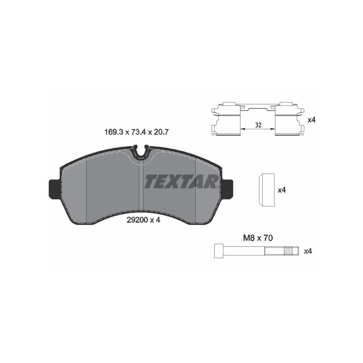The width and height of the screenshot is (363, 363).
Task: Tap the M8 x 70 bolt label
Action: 258,238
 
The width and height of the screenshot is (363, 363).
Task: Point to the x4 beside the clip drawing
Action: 311,120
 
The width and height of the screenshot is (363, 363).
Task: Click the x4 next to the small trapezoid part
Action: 281,190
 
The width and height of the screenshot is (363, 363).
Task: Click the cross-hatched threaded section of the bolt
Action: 288,250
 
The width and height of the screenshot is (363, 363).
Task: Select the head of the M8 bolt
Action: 217,250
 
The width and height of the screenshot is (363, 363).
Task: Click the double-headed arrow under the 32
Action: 258,129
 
